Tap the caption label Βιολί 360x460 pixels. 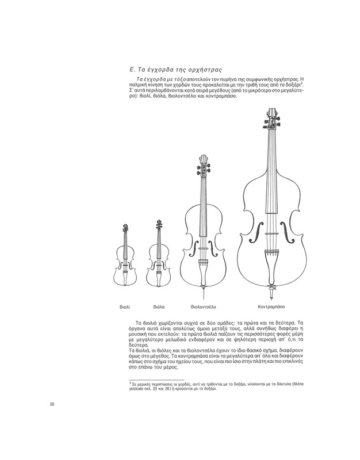coord(124,306)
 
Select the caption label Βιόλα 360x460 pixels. coord(159,306)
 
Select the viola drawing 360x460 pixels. coord(159,256)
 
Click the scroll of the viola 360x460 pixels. coord(159,223)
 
